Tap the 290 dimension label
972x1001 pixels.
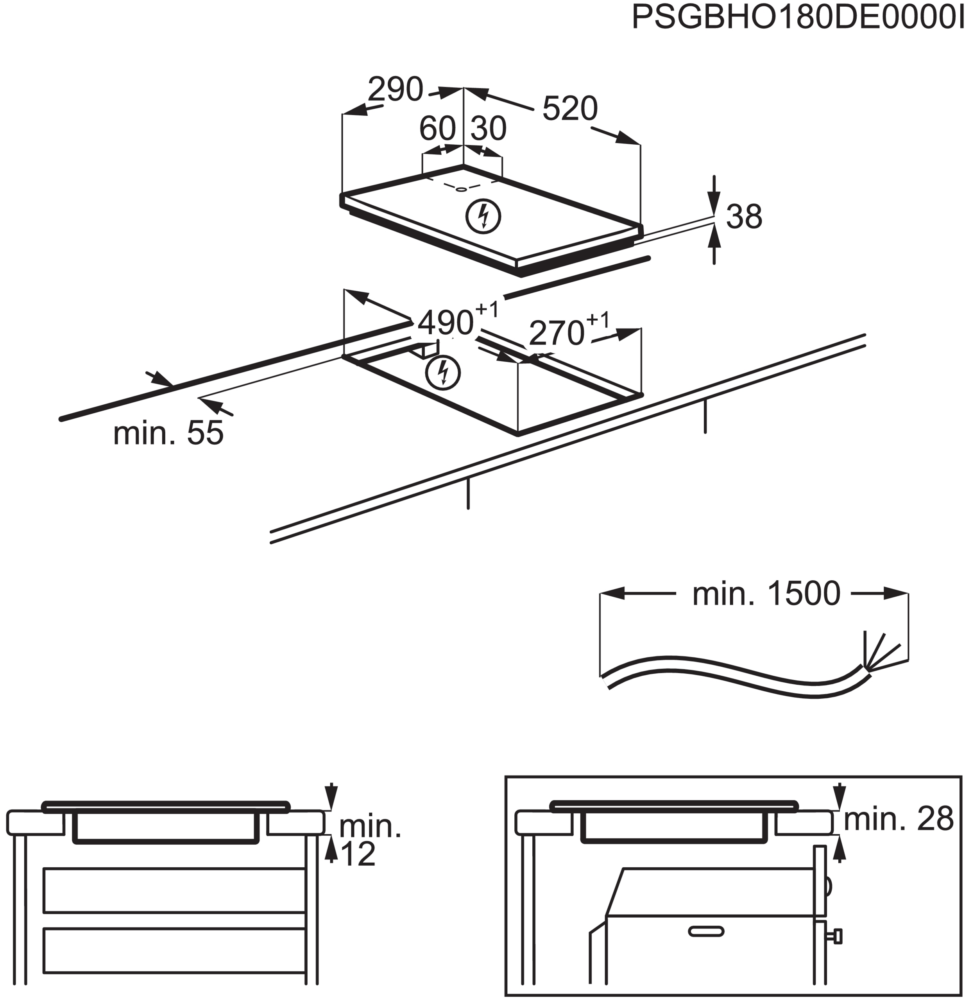pos(396,90)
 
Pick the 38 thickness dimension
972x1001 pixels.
pos(744,217)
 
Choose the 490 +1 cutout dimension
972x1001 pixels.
pos(457,320)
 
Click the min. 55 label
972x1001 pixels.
pos(168,433)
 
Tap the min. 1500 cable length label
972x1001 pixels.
pos(766,594)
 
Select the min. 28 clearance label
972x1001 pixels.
pos(899,819)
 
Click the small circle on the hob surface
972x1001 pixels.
pos(461,189)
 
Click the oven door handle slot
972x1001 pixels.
pos(706,931)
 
